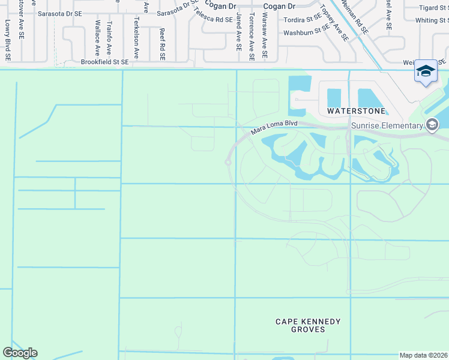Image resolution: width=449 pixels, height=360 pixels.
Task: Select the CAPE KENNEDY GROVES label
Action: tap(309, 325)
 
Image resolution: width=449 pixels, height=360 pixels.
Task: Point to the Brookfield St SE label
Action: tap(104, 62)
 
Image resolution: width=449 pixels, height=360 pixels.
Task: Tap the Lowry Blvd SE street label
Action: tap(8, 41)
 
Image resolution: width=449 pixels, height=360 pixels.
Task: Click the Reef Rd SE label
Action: tap(162, 44)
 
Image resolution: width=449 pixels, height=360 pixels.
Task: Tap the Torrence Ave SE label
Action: tap(252, 35)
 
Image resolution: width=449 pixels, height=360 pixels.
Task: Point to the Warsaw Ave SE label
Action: tap(265, 35)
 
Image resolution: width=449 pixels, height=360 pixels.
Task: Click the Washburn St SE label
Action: tap(306, 31)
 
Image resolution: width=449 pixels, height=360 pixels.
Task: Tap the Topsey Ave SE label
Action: tap(334, 23)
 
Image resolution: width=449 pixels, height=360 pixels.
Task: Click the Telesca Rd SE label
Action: tap(213, 19)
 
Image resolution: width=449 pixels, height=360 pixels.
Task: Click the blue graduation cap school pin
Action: tap(426, 71)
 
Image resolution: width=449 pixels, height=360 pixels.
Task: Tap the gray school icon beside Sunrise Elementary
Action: tap(432, 125)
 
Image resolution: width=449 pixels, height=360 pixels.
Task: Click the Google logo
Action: tap(20, 352)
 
